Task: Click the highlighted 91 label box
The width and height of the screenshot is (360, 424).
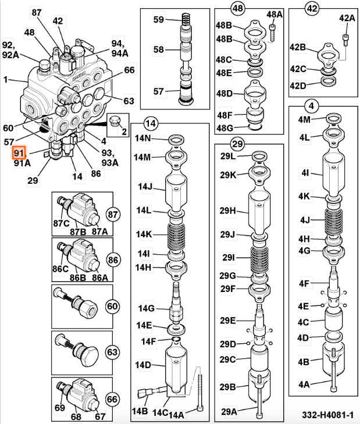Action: point(20,152)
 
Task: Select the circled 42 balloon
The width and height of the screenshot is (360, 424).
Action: point(313,9)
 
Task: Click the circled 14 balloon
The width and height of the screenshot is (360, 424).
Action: point(151,123)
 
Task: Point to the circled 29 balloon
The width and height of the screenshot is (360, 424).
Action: point(237,143)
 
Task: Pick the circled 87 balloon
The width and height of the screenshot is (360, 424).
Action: point(112,213)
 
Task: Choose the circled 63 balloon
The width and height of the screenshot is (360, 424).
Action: point(112,352)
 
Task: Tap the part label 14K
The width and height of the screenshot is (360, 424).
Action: point(144,234)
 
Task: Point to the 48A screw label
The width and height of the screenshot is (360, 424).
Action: point(275,14)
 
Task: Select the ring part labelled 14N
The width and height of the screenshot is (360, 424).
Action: point(175,140)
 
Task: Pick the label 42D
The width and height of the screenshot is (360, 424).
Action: point(298,87)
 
